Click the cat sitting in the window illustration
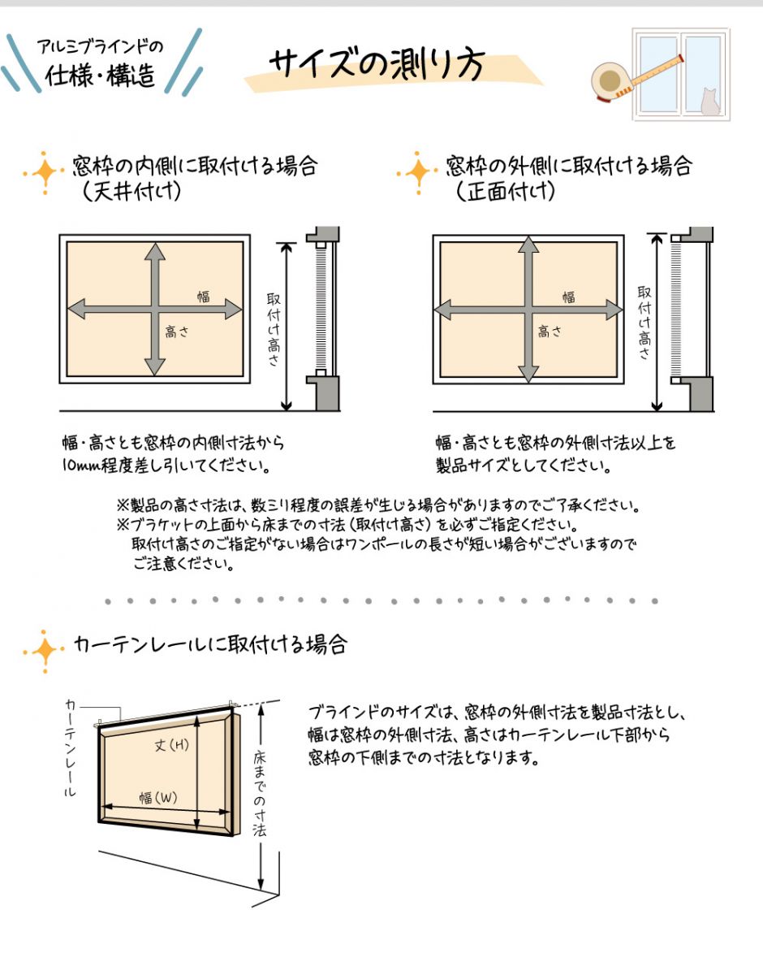click(710, 102)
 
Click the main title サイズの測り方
click(377, 64)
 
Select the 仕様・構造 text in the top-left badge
click(101, 75)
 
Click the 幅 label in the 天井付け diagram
click(204, 297)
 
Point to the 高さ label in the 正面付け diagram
click(550, 331)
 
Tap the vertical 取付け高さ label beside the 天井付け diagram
click(274, 330)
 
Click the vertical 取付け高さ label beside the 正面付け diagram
click(644, 323)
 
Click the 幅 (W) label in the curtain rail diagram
click(158, 798)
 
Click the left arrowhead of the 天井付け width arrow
click(76, 309)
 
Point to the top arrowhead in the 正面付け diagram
click(528, 245)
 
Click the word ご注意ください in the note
click(184, 564)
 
